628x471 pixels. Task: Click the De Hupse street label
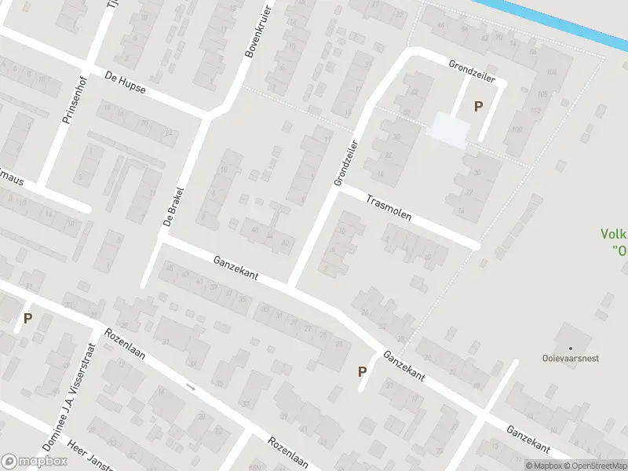(x=125, y=82)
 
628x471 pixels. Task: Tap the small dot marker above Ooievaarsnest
(x=570, y=348)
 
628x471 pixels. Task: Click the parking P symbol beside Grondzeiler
(x=476, y=106)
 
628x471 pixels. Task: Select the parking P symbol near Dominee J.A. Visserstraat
(x=27, y=319)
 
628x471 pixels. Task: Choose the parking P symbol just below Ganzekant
(x=362, y=372)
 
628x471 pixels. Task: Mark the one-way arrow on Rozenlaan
(x=190, y=386)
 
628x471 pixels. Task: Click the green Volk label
(x=613, y=234)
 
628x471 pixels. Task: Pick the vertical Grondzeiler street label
(x=345, y=162)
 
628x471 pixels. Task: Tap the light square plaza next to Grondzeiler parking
(x=446, y=128)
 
